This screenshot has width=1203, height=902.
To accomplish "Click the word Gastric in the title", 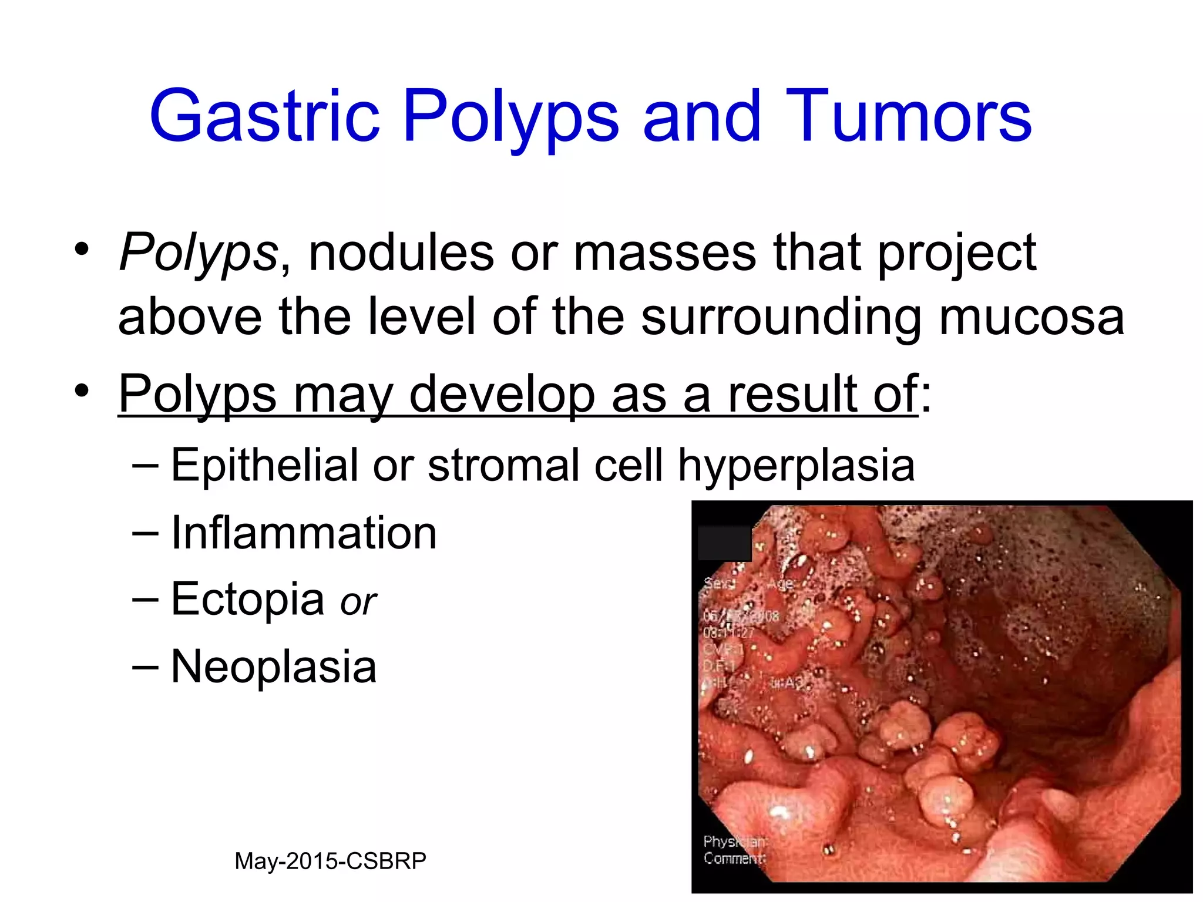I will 264,116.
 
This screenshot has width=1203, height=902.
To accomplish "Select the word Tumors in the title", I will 908,116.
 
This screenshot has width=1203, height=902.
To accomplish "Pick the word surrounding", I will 781,318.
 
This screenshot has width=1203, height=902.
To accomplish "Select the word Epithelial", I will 264,465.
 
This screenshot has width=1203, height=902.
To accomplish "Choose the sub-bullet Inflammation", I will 304,533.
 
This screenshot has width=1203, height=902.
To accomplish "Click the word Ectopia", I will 247,600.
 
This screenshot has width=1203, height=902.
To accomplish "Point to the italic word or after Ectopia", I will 358,603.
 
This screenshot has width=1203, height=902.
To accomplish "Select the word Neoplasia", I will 274,667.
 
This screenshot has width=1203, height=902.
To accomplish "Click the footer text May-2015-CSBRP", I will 330,861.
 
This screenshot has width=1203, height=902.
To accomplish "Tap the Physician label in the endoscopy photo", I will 734,842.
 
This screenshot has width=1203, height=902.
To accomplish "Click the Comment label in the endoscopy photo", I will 734,859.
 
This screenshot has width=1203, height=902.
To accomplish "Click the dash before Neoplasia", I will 145,667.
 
